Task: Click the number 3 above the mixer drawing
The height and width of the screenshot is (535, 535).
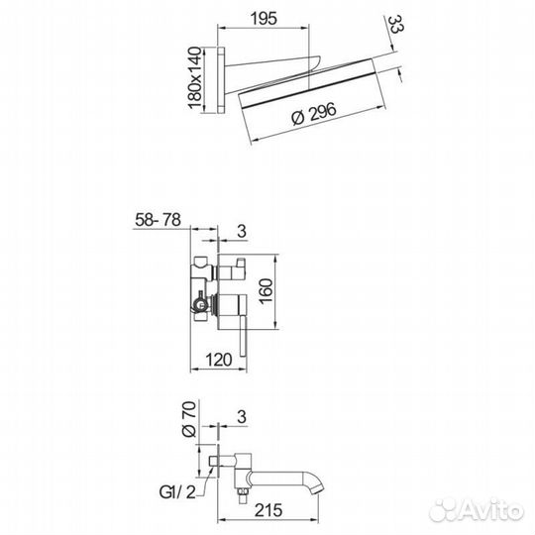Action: point(241,231)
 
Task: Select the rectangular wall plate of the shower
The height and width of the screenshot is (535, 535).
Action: point(225,76)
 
